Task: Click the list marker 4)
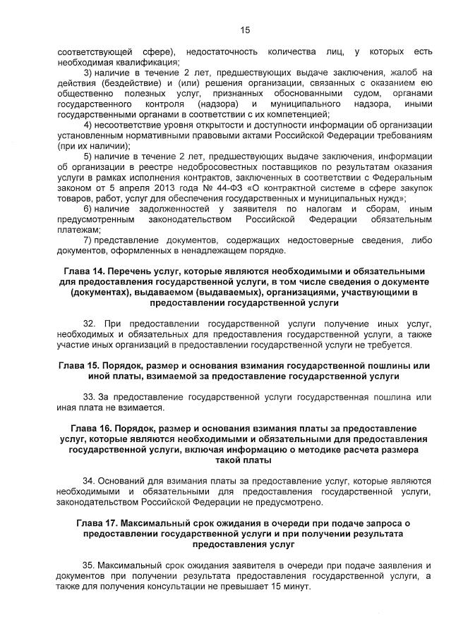point(88,125)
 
